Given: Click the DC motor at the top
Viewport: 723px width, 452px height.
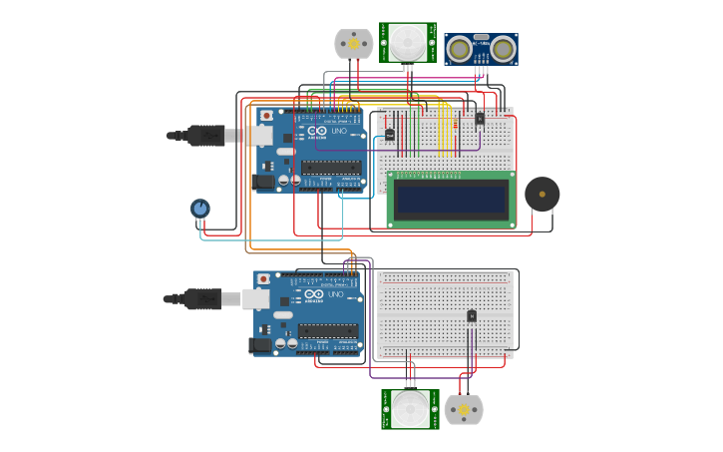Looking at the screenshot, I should (353, 43).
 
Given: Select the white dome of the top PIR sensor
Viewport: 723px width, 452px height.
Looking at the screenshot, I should (407, 42).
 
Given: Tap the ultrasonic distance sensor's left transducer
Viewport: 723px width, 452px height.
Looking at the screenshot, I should (460, 49).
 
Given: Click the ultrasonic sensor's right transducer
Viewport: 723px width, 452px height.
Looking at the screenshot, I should (503, 49).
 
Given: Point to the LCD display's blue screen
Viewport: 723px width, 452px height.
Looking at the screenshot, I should (451, 200).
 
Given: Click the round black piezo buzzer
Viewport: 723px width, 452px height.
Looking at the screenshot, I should (542, 194).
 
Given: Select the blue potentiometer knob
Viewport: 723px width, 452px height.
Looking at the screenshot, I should (200, 208).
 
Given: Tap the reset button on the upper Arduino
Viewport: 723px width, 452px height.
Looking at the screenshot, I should (266, 116).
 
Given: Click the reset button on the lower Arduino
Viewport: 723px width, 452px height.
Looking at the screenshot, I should (264, 279).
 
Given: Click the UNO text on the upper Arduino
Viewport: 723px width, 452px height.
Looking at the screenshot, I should (336, 131).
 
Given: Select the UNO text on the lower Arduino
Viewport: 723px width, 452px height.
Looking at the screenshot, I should (335, 294).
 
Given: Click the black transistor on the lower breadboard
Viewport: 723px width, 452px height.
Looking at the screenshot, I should (472, 316).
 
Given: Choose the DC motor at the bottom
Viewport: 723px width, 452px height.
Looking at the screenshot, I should (463, 410).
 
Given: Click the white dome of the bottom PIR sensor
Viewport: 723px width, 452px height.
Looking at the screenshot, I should (409, 408).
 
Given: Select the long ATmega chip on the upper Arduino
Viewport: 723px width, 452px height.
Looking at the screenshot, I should (331, 168).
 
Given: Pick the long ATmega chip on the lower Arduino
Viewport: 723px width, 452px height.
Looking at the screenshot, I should (328, 331).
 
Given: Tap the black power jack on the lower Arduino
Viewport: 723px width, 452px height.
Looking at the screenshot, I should (263, 345).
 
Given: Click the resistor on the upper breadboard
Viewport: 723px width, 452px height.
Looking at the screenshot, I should (390, 134).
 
